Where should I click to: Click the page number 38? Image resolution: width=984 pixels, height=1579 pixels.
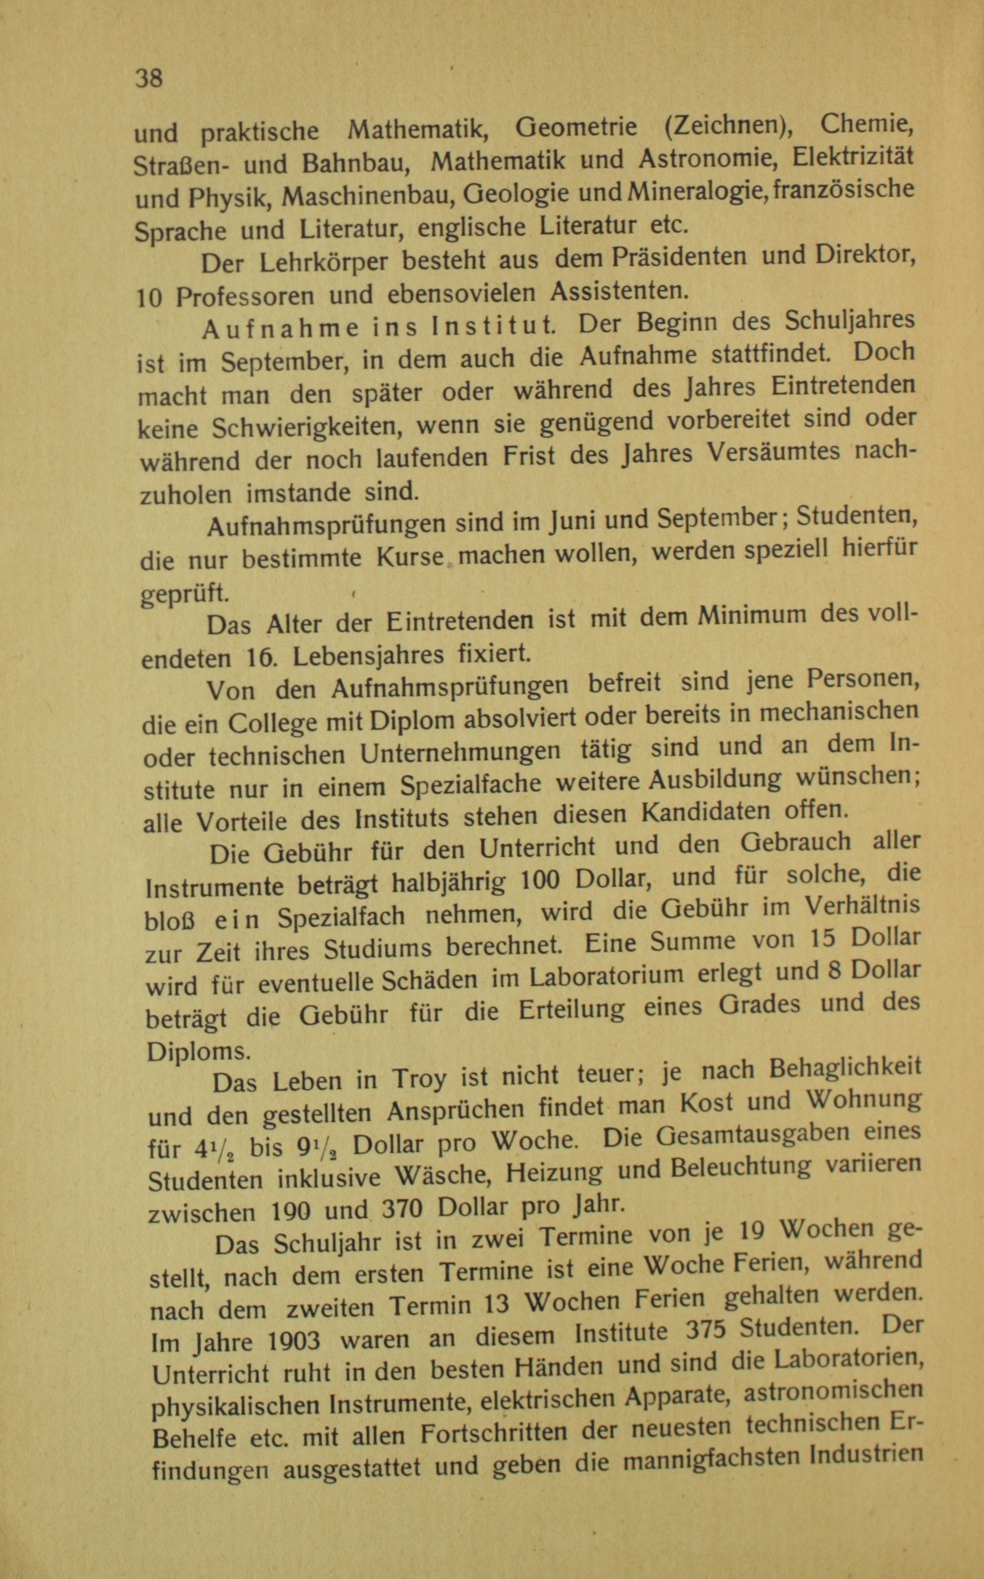point(149,79)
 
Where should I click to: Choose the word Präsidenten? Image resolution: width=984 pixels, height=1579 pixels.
point(683,257)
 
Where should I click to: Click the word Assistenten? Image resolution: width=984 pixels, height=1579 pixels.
point(619,291)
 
